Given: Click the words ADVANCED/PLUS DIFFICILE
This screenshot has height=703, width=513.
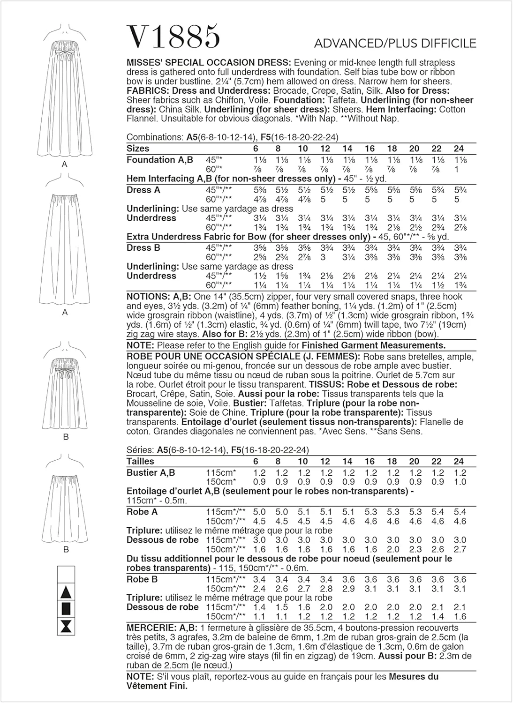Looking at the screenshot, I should point(395,44).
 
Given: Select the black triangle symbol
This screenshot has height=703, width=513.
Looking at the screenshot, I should point(66,592).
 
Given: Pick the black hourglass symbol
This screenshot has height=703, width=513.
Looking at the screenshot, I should point(66,626).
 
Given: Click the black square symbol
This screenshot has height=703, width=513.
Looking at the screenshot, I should point(66,609).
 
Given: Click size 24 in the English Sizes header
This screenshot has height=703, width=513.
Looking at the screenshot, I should point(459,149).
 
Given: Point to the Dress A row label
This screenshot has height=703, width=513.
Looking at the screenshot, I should point(143,190).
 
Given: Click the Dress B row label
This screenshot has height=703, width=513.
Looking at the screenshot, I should point(143,247).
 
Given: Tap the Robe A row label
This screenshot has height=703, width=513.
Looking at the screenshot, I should point(142,512).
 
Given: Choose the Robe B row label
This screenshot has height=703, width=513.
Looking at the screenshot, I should point(142,579).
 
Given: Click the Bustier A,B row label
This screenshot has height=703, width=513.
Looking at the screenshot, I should point(151,472).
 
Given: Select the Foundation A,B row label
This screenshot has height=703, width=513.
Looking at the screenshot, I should point(159,160).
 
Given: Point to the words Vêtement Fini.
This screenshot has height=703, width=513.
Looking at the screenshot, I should point(157,686).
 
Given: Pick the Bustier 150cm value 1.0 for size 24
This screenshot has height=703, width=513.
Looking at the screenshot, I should point(460,482).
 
